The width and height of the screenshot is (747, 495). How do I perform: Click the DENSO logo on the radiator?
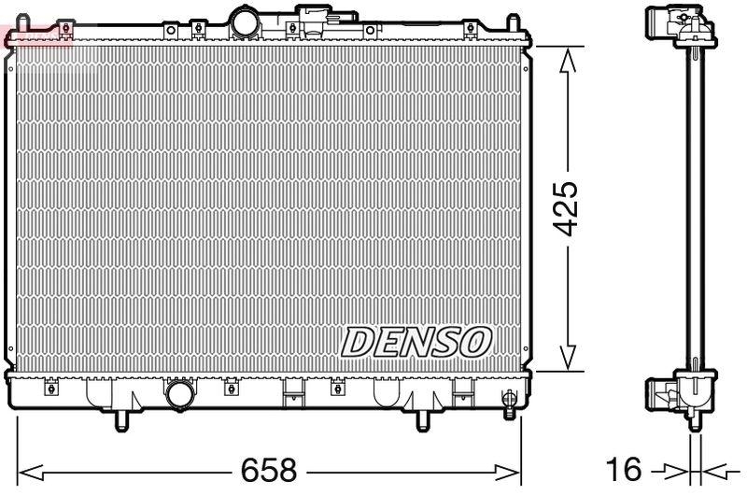[416, 342]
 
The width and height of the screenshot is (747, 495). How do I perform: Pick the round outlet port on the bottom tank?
[177, 396]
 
